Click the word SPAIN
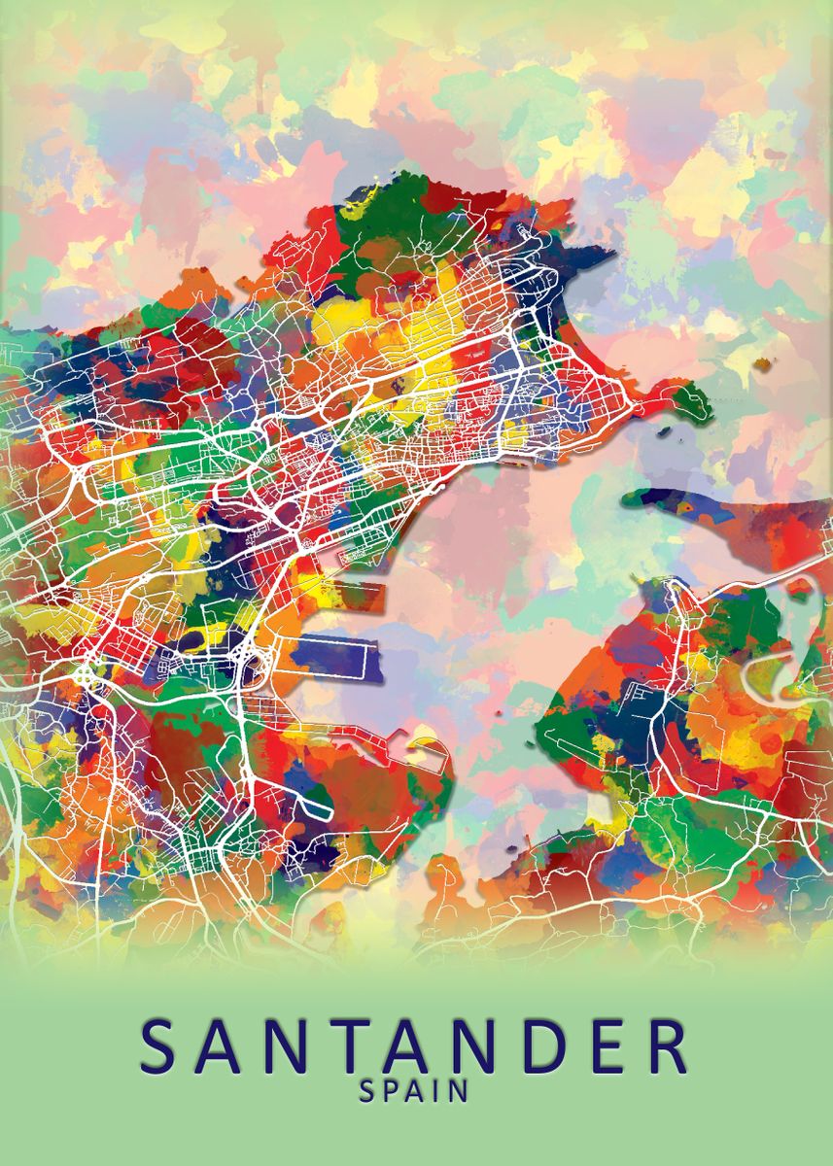point(415,1091)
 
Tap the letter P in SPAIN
point(392,1091)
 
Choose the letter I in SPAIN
point(438,1091)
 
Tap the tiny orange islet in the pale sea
point(764,363)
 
